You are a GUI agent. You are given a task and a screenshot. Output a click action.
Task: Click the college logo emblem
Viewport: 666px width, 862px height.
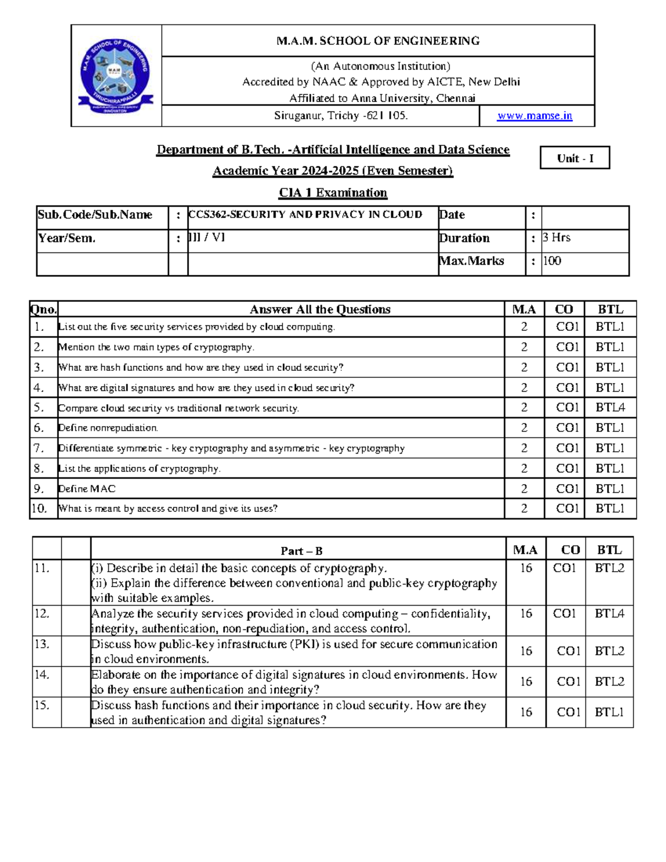[x=116, y=75]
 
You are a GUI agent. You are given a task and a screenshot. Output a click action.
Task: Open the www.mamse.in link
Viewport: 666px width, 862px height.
[x=534, y=116]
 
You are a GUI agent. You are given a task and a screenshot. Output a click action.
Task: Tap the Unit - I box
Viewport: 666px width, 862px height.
[x=574, y=158]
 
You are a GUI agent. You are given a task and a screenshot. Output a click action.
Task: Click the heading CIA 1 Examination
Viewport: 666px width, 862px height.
[x=332, y=193]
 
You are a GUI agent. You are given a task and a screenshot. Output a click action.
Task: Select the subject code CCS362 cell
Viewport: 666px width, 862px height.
[x=306, y=215]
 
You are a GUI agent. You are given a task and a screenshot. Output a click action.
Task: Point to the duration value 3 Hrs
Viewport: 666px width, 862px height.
[x=557, y=238]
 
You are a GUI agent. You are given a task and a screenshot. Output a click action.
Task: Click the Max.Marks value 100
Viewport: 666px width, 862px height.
[x=552, y=261]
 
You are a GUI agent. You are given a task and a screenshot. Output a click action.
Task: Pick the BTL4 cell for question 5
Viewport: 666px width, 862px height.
[x=610, y=407]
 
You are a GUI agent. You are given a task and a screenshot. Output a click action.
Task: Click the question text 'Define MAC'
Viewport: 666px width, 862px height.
[x=87, y=489]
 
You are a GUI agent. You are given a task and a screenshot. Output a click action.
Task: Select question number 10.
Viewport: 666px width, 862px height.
[x=39, y=508]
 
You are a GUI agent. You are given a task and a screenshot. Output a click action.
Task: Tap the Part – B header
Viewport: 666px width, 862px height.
[x=301, y=551]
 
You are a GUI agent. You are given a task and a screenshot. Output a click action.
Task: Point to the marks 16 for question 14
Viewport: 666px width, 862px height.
[x=526, y=682]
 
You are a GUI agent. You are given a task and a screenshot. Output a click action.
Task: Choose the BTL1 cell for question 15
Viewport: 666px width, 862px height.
[x=609, y=712]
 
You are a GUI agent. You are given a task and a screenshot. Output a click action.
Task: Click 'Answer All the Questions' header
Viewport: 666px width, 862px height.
[x=320, y=310]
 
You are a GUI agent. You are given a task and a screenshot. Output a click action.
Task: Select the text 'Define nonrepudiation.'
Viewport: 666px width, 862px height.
[x=108, y=428]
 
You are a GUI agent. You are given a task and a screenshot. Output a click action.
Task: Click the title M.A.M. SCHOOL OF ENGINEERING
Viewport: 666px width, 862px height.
[x=378, y=41]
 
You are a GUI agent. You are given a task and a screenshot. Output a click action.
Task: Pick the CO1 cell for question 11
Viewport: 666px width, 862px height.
[x=564, y=568]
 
